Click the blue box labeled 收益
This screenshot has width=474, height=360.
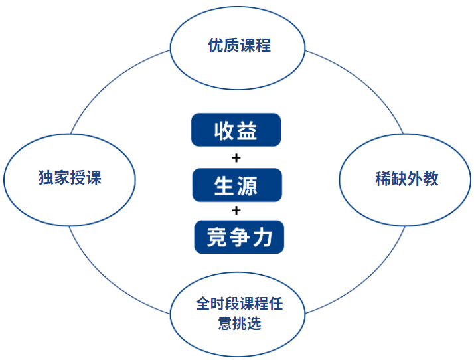236,130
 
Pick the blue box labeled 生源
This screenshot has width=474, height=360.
237,185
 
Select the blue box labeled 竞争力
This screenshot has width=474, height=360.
239,237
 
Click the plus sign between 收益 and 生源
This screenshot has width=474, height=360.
236,158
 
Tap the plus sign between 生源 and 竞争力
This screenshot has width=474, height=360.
236,211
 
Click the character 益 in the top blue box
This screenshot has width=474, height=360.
247,130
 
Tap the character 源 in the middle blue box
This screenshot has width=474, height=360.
247,185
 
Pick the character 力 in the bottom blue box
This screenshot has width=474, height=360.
262,238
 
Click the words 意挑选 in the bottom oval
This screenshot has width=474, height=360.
240,323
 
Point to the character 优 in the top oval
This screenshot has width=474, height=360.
216,45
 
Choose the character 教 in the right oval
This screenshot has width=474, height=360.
431,179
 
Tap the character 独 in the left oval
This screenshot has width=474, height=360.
46,177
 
